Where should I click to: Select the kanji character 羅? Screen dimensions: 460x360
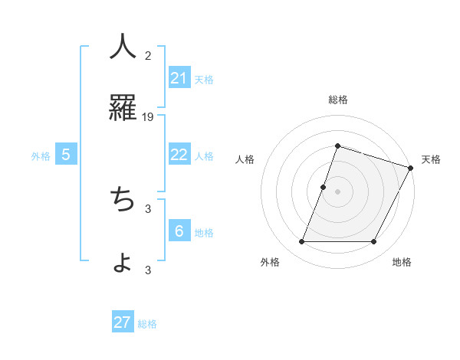123,108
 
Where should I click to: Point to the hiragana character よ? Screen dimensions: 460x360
123,263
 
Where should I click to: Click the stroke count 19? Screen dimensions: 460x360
148,116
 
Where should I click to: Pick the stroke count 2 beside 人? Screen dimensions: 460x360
148,55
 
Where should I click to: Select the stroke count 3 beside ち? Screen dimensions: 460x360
148,208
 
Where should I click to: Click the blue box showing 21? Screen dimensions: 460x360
179,78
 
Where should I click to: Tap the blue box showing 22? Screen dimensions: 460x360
179,155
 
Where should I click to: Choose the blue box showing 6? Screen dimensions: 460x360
179,231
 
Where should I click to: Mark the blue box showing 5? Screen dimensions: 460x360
66,155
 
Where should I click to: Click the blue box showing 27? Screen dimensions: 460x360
123,322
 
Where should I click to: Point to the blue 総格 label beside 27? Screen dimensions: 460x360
148,324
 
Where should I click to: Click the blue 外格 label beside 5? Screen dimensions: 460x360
41,156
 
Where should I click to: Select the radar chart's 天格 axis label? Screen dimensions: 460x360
431,159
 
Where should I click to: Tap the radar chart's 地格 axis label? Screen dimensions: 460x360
402,262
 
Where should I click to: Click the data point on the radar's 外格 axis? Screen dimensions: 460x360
301,242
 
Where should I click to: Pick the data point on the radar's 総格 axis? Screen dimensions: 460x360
337,146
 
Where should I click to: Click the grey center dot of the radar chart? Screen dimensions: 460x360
337,191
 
